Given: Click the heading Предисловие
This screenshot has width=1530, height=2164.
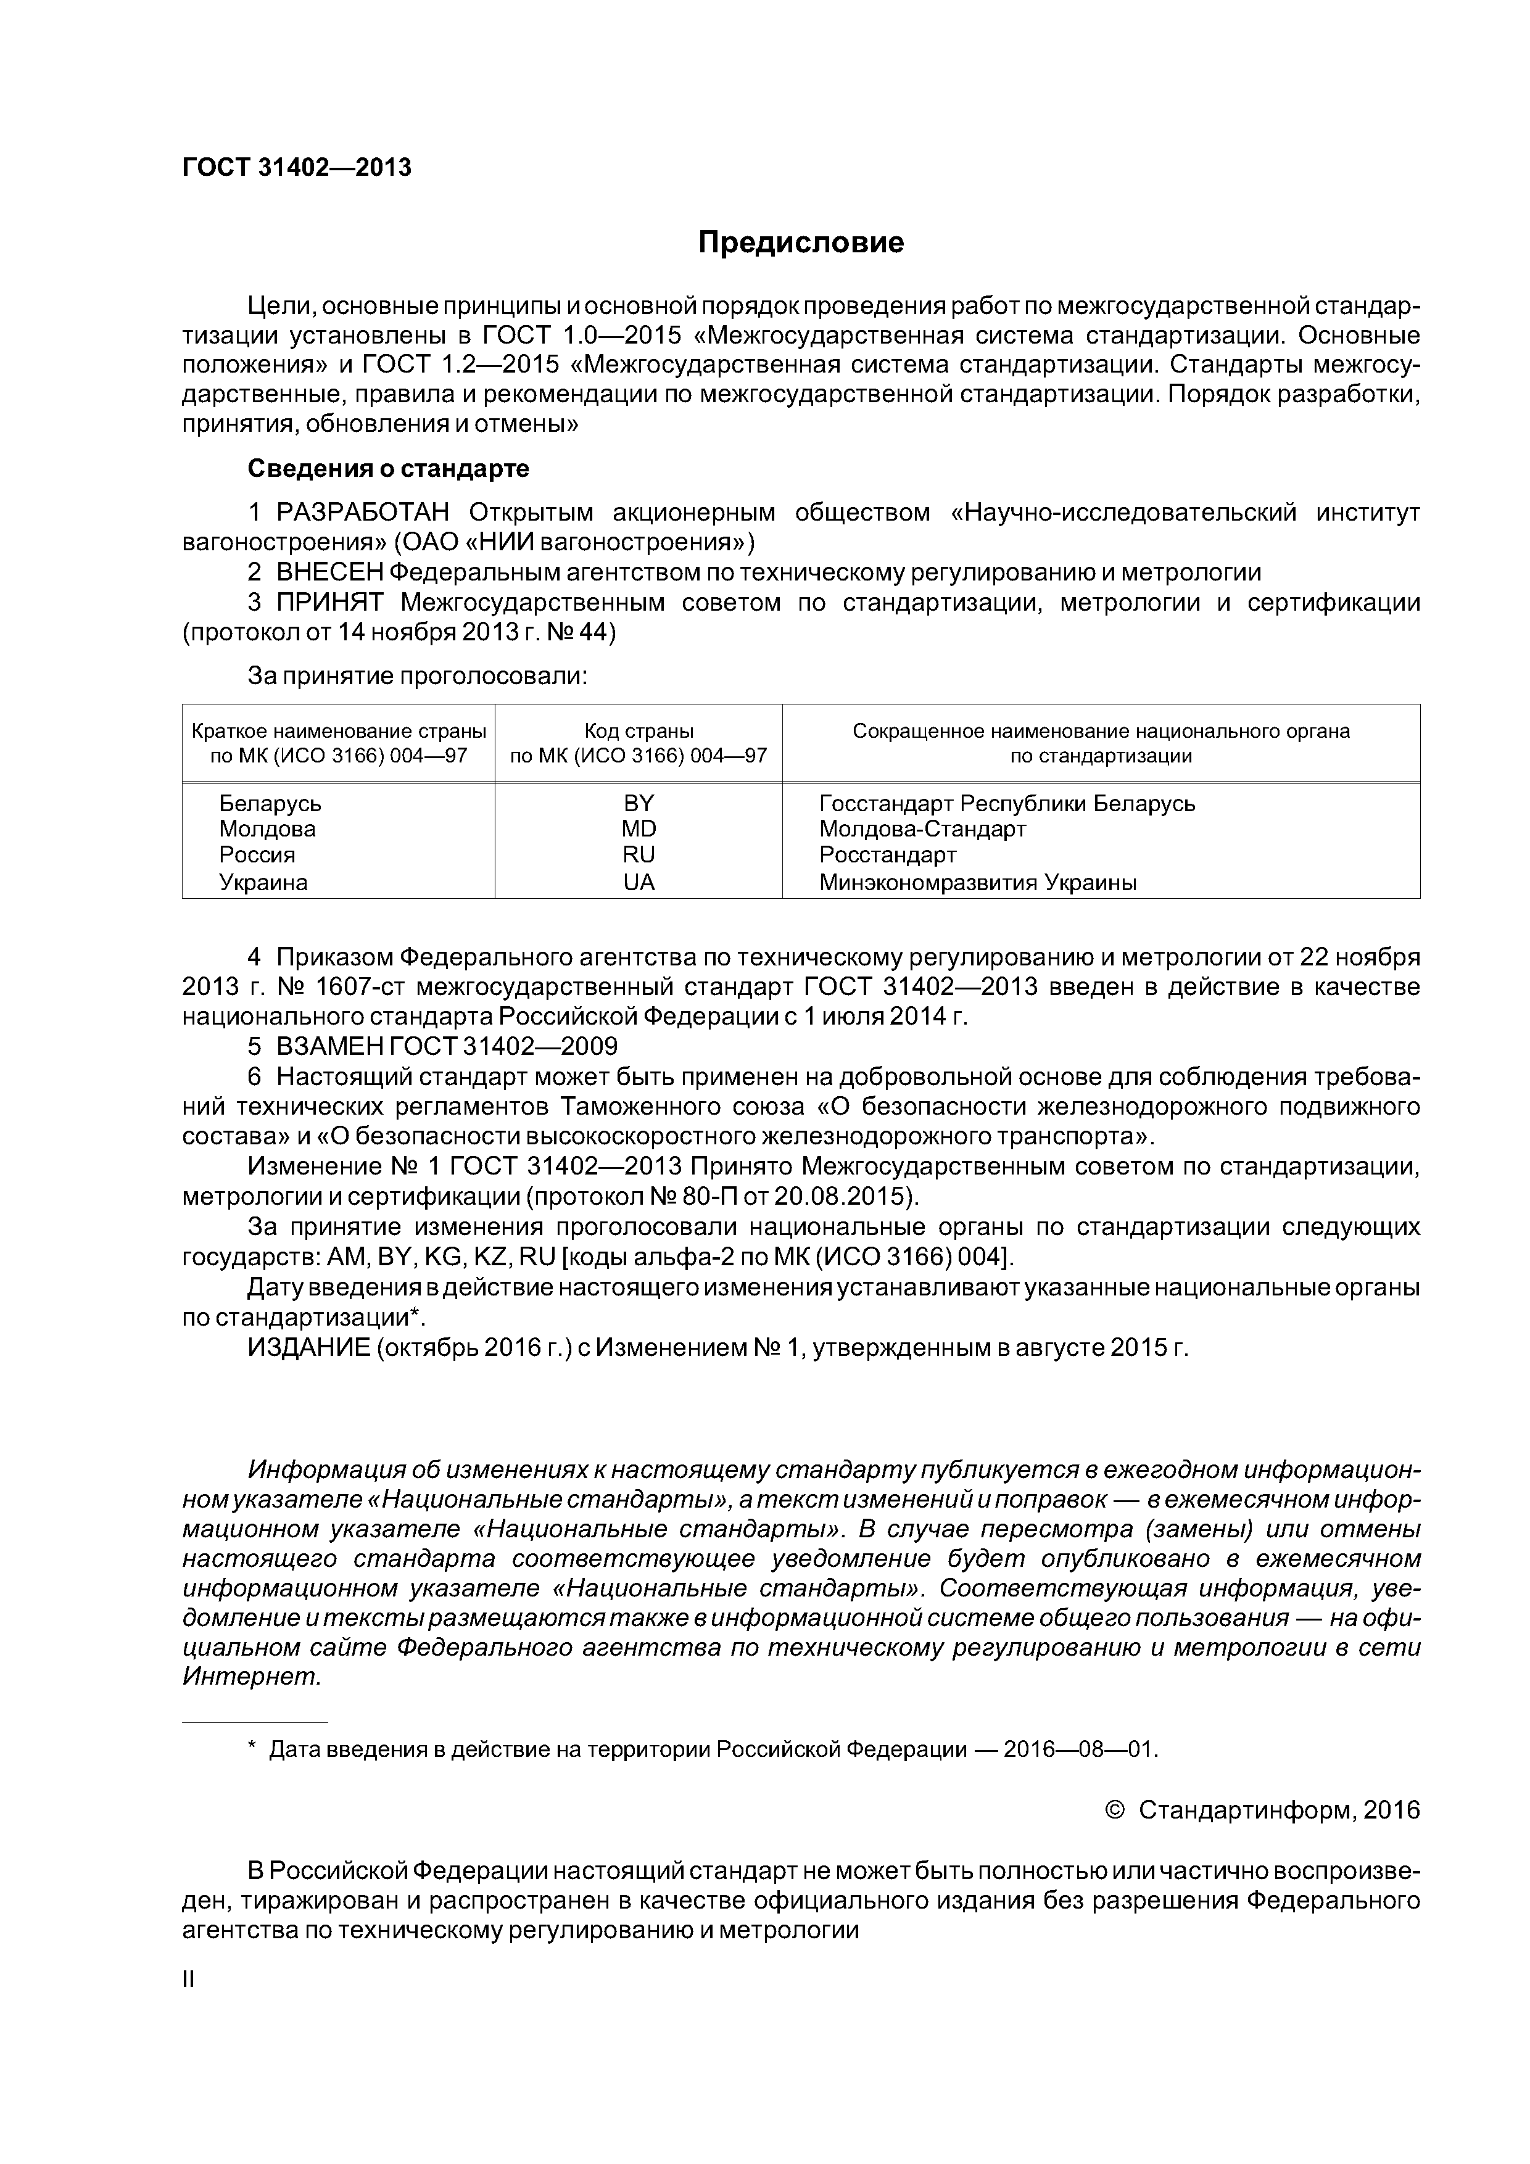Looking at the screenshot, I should coord(800,243).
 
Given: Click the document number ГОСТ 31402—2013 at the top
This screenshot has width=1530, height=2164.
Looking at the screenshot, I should coord(296,168).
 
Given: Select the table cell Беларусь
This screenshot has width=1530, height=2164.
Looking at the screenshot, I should coord(270,804).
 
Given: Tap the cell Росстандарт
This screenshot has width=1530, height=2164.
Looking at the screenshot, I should coord(887,855).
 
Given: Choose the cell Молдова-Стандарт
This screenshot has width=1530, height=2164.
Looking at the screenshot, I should coord(922,830).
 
